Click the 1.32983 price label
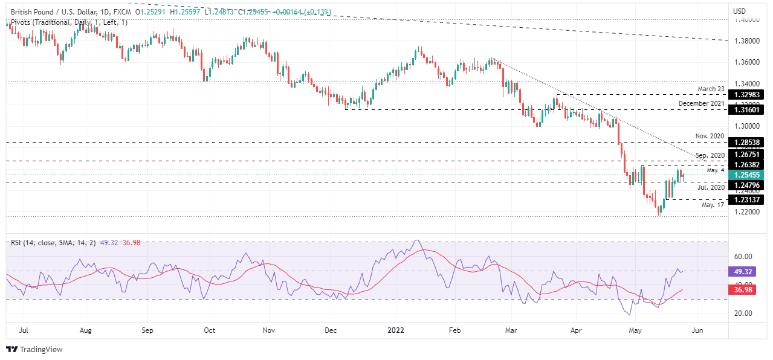748,95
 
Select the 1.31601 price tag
748,110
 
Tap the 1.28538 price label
748,143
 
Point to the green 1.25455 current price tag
748,175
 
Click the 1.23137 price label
748,199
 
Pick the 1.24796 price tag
748,184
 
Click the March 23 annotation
711,89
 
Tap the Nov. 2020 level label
710,137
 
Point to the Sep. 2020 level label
710,155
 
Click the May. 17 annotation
713,205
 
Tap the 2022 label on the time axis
396,330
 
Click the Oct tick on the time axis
209,330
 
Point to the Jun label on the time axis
696,330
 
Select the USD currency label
739,11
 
